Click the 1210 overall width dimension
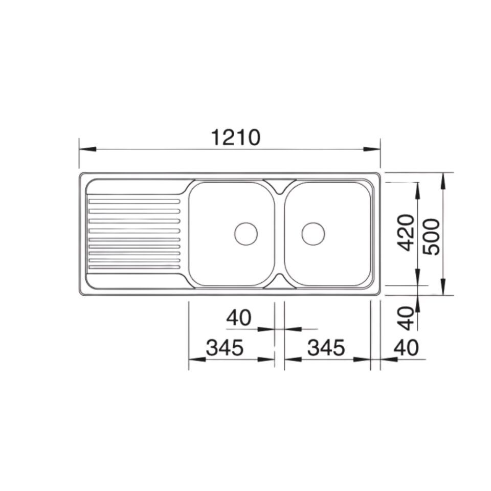[236, 137]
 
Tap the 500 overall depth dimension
[431, 237]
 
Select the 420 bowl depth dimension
[407, 233]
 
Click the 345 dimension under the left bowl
[225, 347]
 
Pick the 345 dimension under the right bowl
[326, 347]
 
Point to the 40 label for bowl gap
[239, 318]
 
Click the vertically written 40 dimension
[407, 318]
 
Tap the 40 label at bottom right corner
[406, 347]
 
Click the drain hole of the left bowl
[246, 234]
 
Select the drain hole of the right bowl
[313, 234]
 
